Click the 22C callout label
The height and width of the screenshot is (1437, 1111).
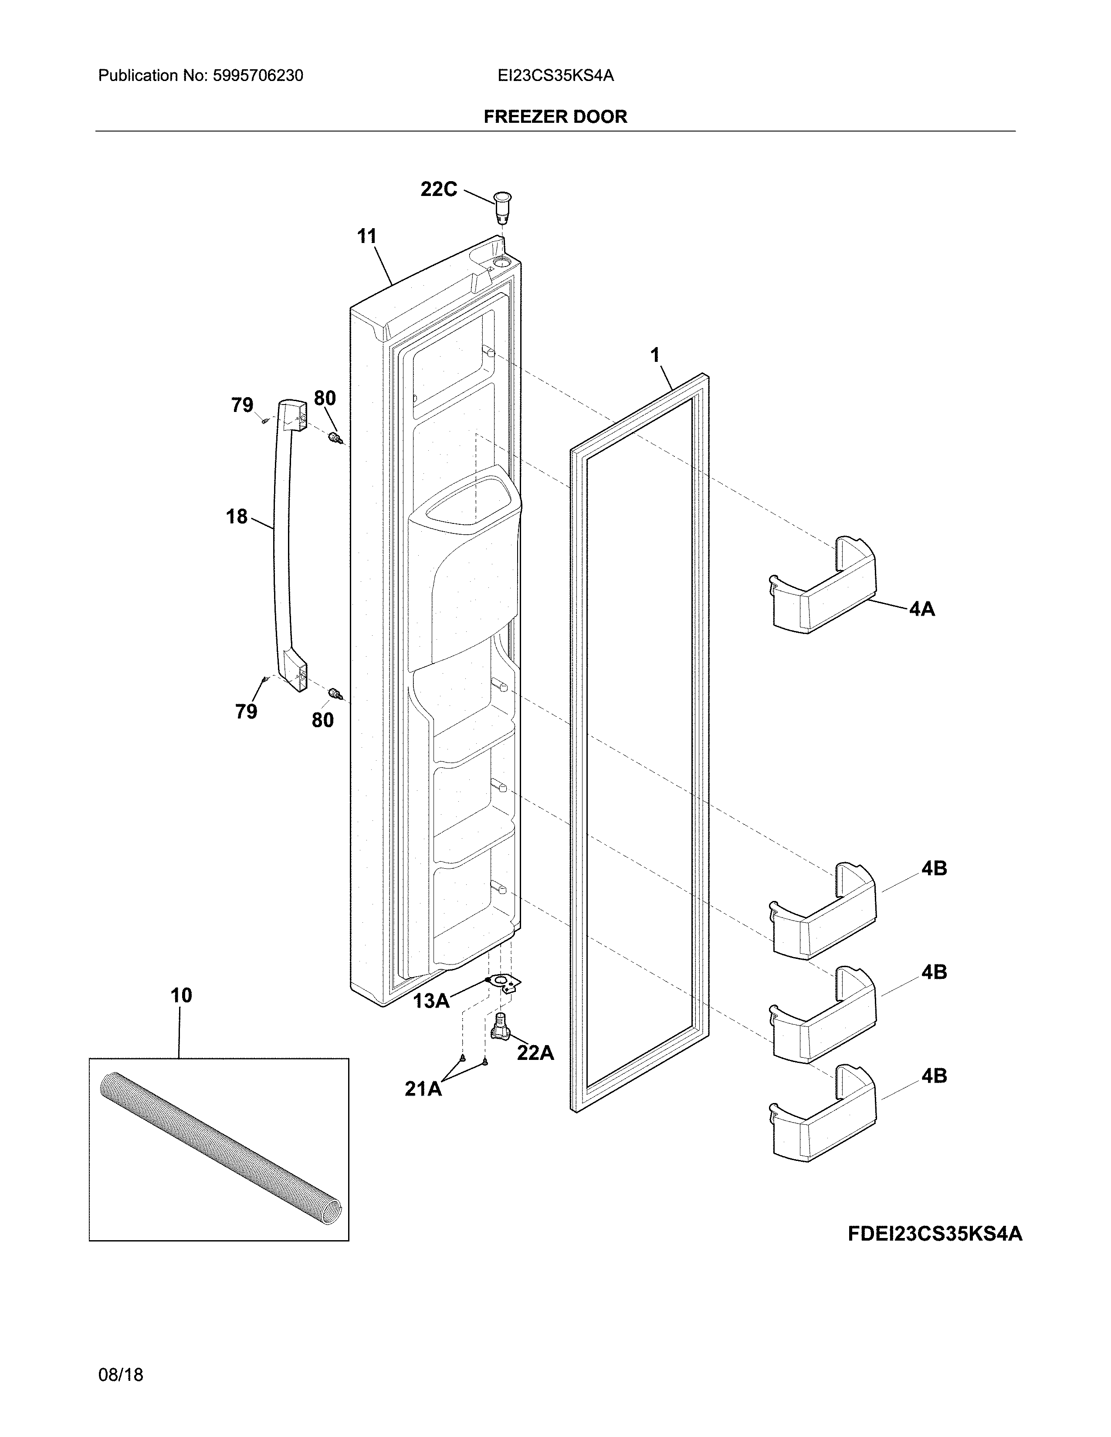click(x=438, y=189)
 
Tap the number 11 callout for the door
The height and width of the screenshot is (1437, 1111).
click(x=366, y=236)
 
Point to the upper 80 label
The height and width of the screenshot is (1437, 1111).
click(x=325, y=398)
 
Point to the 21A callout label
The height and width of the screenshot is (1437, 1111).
click(x=423, y=1089)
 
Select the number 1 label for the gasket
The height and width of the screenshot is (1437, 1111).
click(x=654, y=356)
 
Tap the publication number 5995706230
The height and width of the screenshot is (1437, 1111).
click(x=257, y=76)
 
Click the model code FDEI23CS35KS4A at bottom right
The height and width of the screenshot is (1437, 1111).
click(x=935, y=1234)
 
